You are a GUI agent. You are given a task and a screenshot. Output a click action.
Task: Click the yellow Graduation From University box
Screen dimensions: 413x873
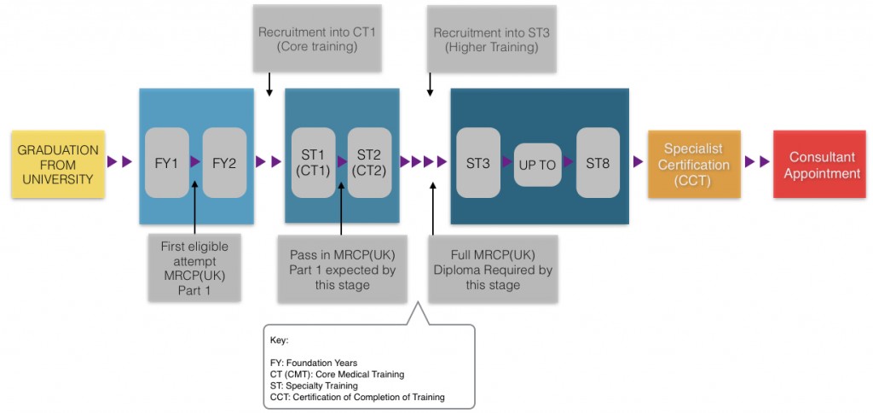pos(58,164)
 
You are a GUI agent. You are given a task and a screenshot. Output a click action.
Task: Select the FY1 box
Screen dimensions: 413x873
pos(167,163)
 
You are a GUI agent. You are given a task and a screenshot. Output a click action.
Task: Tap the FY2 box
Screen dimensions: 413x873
pos(223,163)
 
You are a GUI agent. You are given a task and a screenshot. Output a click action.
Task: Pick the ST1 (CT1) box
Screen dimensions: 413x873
pos(313,162)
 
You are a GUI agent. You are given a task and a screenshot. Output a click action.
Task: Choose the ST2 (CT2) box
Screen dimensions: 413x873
pos(369,162)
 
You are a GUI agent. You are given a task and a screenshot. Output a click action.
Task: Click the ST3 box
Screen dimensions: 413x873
pos(478,163)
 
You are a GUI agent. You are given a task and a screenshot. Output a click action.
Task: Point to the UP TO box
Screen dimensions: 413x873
pos(537,165)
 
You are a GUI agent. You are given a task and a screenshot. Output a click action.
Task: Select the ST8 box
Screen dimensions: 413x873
pos(598,163)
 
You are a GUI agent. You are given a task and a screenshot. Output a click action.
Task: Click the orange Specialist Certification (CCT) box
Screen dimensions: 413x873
pos(694,165)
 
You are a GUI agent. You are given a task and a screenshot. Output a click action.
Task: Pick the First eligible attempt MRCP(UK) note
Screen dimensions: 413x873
pos(194,267)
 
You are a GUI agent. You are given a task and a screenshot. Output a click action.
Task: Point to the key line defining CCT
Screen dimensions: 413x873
pos(357,396)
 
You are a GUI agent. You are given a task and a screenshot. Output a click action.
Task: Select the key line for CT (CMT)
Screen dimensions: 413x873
pos(337,374)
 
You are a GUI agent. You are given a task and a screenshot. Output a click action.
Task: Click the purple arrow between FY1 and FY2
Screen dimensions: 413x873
pos(195,161)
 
